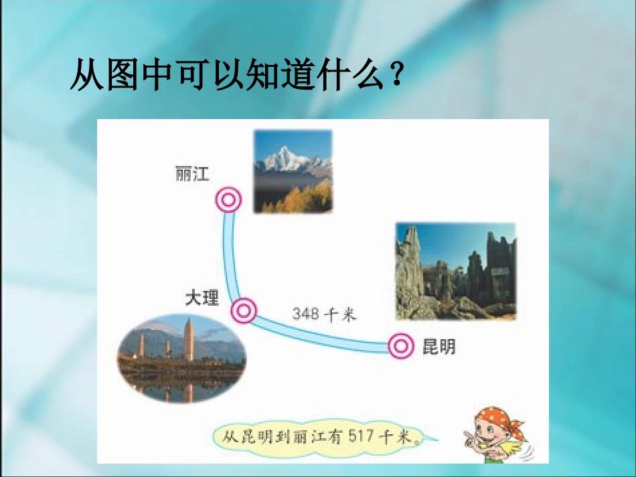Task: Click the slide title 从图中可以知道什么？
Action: point(237,76)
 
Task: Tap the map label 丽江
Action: point(191,174)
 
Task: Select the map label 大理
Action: point(202,297)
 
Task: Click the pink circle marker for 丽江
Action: point(228,200)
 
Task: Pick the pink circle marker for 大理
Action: point(244,310)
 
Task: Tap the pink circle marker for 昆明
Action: point(402,345)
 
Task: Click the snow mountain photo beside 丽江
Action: point(293,171)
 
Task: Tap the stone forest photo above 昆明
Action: point(456,271)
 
